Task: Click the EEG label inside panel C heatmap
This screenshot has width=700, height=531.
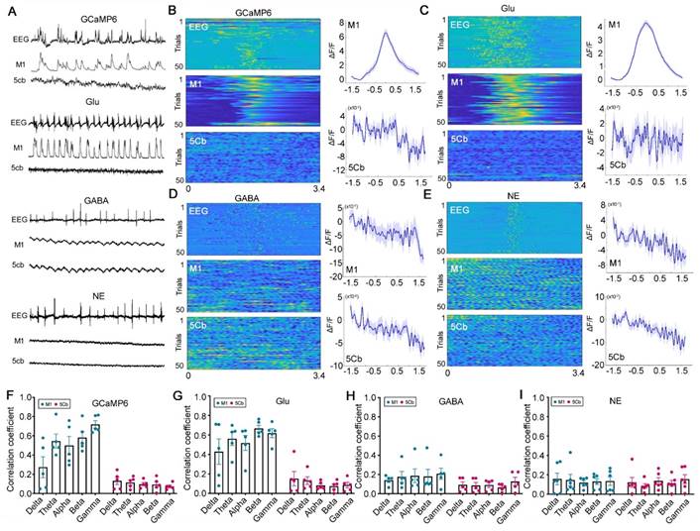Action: tap(461, 24)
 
